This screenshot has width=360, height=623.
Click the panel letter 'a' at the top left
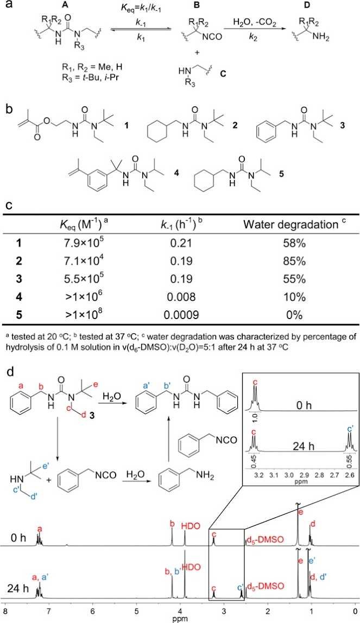point(7,8)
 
